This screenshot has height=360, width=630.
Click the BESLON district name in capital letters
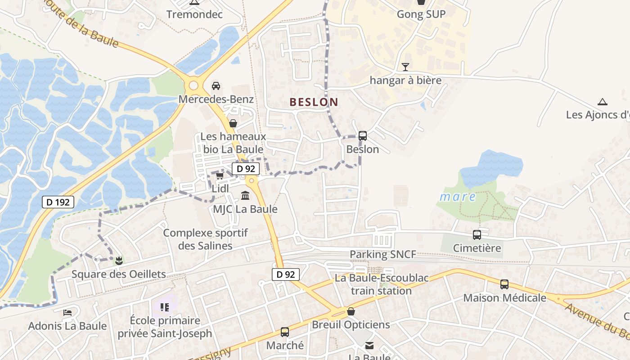314,102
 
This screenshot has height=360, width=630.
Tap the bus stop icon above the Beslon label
362,135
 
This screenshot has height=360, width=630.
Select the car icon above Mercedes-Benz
216,85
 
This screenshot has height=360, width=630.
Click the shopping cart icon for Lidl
220,175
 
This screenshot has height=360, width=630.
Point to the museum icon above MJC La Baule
245,196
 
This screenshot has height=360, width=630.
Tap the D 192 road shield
58,202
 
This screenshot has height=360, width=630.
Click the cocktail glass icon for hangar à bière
405,67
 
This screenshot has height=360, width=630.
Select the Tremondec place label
195,14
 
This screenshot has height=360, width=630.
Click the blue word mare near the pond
458,197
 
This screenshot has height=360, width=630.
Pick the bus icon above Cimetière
477,234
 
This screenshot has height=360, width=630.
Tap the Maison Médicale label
504,298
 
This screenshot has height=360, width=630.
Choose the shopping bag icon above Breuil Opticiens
351,311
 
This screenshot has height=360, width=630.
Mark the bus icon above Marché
285,332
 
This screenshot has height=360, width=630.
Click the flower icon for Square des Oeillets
119,261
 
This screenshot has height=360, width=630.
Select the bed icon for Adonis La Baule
67,312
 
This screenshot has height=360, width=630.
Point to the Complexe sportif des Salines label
206,239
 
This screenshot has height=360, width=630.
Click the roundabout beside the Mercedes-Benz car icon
193,85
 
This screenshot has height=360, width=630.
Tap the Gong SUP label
421,14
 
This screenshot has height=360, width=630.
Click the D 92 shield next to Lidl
246,169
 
